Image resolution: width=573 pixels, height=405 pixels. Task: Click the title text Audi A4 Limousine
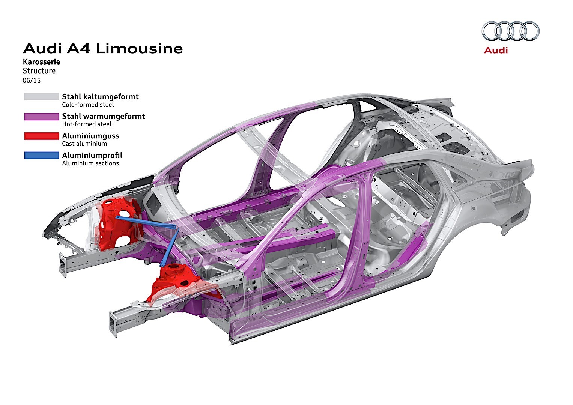tap(103, 49)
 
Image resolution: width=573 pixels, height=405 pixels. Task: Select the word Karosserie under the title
tap(41, 61)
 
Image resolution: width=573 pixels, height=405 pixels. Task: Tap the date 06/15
tap(32, 80)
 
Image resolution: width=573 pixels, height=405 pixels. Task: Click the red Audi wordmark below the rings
tap(496, 50)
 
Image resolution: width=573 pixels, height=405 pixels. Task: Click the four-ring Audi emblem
tap(510, 31)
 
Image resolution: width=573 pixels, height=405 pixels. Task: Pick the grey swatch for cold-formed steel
tap(42, 97)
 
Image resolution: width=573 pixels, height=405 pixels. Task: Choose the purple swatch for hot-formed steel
tap(42, 117)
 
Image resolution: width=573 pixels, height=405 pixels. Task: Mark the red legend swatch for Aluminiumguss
tap(42, 136)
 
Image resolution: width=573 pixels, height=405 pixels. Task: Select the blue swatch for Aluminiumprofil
tap(42, 155)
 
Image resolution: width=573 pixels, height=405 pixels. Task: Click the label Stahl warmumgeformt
tap(104, 116)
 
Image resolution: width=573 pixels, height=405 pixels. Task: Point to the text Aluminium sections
tap(90, 163)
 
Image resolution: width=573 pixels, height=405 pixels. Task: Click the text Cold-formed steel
tap(88, 105)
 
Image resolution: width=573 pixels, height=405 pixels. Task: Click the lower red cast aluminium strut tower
tap(173, 281)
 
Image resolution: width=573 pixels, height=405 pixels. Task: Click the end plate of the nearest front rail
tap(113, 322)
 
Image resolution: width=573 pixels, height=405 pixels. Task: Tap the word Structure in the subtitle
tap(39, 71)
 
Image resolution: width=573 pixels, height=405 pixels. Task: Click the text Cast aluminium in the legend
tap(84, 144)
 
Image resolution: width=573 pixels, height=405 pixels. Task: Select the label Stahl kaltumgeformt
tap(101, 97)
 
